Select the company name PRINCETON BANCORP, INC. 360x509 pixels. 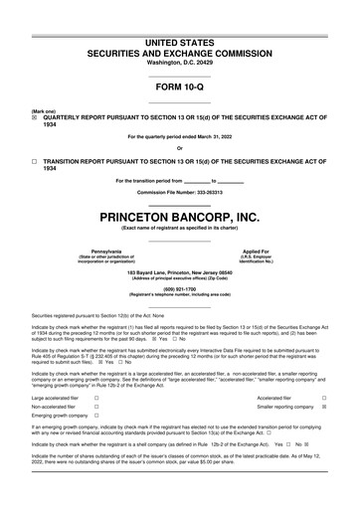(179, 217)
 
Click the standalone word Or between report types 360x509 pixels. (179, 148)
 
